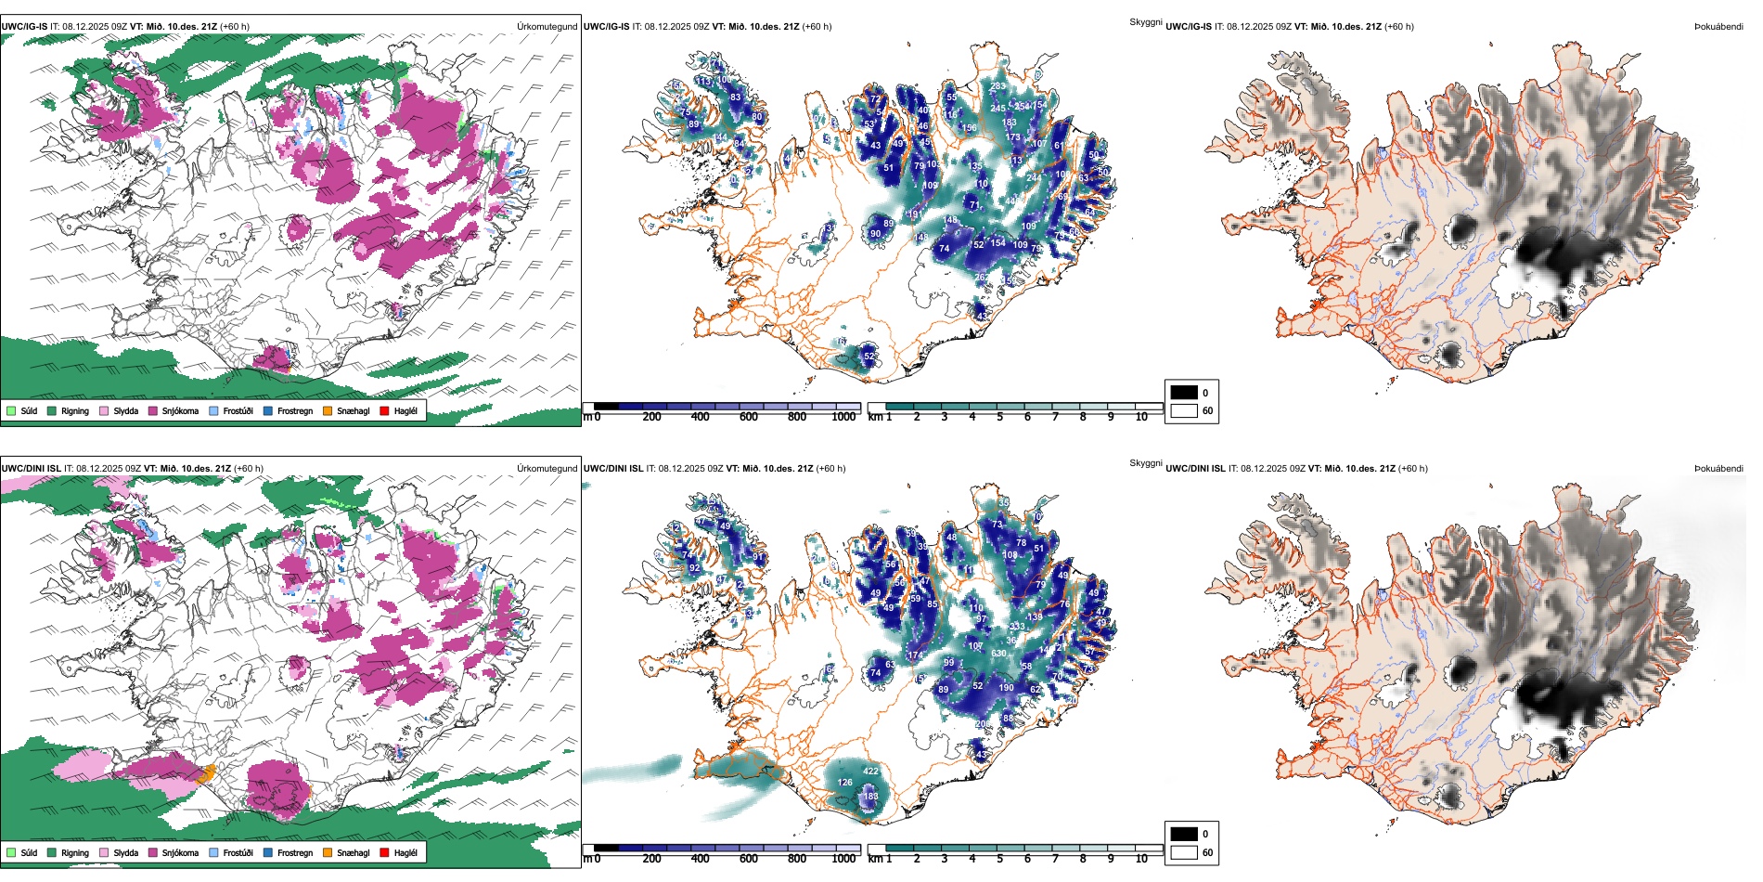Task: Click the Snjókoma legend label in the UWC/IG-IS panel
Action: (180, 410)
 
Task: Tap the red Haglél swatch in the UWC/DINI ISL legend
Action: (384, 852)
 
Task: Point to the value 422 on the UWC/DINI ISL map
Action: (870, 772)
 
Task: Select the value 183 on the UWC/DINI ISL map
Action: (870, 796)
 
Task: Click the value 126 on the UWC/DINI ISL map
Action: (844, 783)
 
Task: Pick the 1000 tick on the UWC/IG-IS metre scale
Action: (843, 417)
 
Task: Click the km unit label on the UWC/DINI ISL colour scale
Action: (875, 859)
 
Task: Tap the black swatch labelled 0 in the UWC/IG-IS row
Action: (1184, 393)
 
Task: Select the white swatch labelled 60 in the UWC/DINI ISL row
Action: (1184, 852)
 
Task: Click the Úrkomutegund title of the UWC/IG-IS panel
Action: (547, 27)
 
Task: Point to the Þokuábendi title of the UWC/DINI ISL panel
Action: (1718, 469)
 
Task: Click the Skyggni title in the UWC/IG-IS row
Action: (1145, 21)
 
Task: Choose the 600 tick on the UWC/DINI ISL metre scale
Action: (748, 859)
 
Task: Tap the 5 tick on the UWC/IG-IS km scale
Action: (999, 417)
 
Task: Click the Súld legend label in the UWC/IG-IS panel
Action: (29, 410)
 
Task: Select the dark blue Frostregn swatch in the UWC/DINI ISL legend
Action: (268, 852)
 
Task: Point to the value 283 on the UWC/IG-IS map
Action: (997, 86)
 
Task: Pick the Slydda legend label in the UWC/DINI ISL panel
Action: (125, 852)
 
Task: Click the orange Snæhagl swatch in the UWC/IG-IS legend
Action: (328, 410)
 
